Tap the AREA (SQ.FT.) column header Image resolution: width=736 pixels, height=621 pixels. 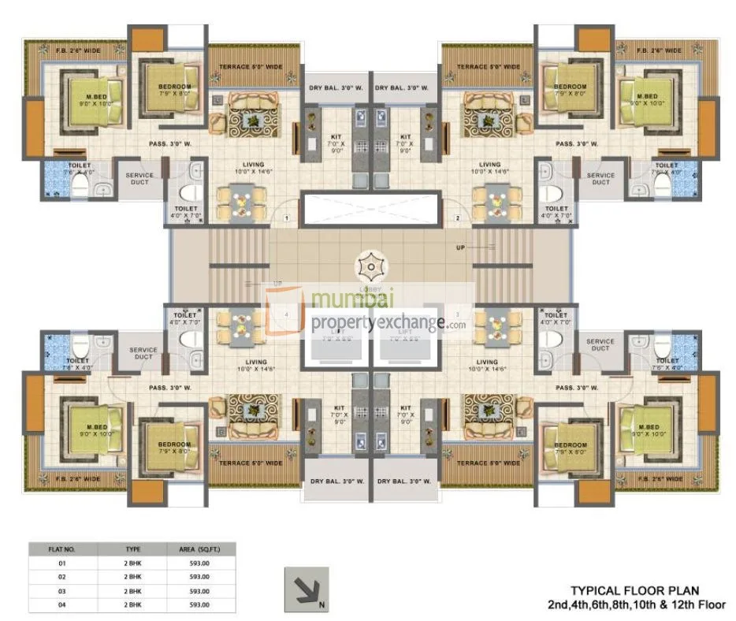coord(199,550)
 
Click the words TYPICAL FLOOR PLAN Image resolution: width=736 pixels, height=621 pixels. coord(634,590)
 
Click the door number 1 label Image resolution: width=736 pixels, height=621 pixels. coord(288,218)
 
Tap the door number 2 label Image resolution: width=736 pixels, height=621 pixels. coord(456,218)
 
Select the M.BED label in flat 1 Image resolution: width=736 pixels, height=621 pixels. coord(95,96)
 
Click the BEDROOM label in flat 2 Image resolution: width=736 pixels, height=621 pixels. coord(569,87)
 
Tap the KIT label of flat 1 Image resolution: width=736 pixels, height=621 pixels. coord(335,137)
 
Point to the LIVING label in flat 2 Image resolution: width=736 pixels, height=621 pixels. coord(488,164)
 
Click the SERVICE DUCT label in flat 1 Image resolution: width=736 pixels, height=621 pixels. coord(139,179)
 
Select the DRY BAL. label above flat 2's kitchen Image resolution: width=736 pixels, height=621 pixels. coord(402,87)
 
